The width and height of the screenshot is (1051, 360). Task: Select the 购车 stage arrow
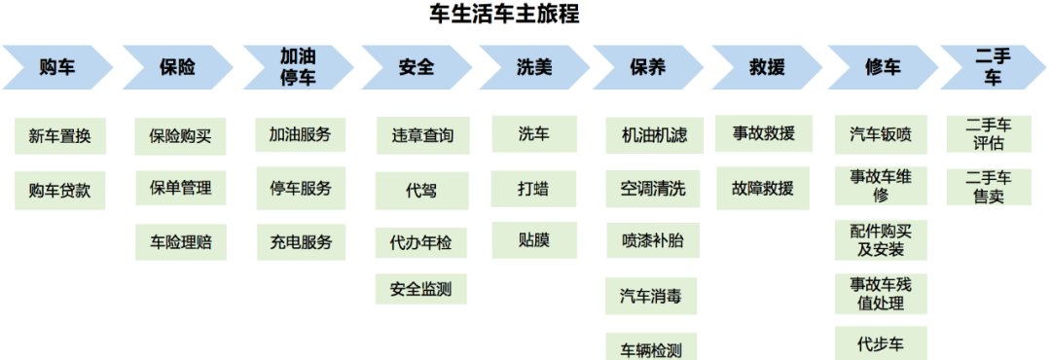point(57,67)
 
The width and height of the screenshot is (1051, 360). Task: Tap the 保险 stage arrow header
point(177,67)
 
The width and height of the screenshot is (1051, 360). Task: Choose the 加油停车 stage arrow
point(297,67)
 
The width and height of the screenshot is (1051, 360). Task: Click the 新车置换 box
point(60,136)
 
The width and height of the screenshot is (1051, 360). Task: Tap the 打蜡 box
point(533,187)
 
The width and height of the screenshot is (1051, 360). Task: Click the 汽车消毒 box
point(652,294)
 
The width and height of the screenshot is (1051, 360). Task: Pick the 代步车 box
point(881,343)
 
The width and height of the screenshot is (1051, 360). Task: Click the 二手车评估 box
point(989,134)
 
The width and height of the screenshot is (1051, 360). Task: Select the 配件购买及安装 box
point(881,240)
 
